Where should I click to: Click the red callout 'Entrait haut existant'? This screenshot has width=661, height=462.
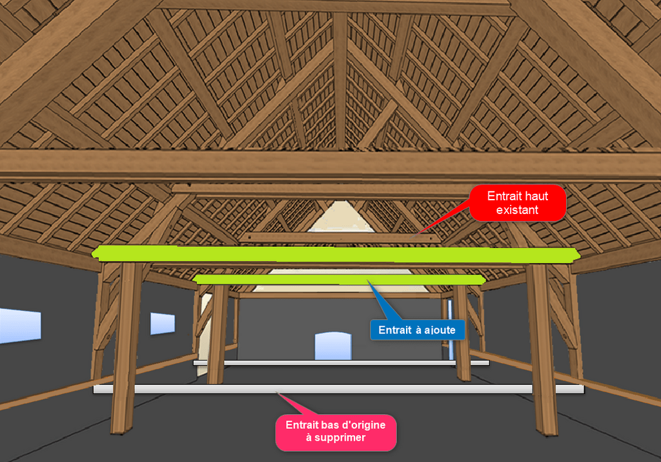[x=518, y=203]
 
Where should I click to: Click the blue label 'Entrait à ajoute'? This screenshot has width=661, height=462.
[x=417, y=330]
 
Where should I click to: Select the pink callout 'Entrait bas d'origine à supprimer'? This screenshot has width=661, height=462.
[x=336, y=432]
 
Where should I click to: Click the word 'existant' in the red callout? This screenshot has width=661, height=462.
[x=518, y=209]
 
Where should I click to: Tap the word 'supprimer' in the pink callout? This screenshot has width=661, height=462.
[x=336, y=437]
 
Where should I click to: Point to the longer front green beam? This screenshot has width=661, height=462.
[x=336, y=255]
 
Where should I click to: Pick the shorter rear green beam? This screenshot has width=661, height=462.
[x=340, y=279]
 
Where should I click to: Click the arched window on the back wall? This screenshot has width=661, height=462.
[x=333, y=346]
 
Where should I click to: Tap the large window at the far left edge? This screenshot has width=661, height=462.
[x=19, y=326]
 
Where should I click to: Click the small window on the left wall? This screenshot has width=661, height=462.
[x=163, y=323]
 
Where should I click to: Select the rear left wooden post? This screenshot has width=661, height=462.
[x=217, y=330]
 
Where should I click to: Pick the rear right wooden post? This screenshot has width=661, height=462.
[x=462, y=330]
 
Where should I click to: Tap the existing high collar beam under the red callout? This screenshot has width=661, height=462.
[x=339, y=238]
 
